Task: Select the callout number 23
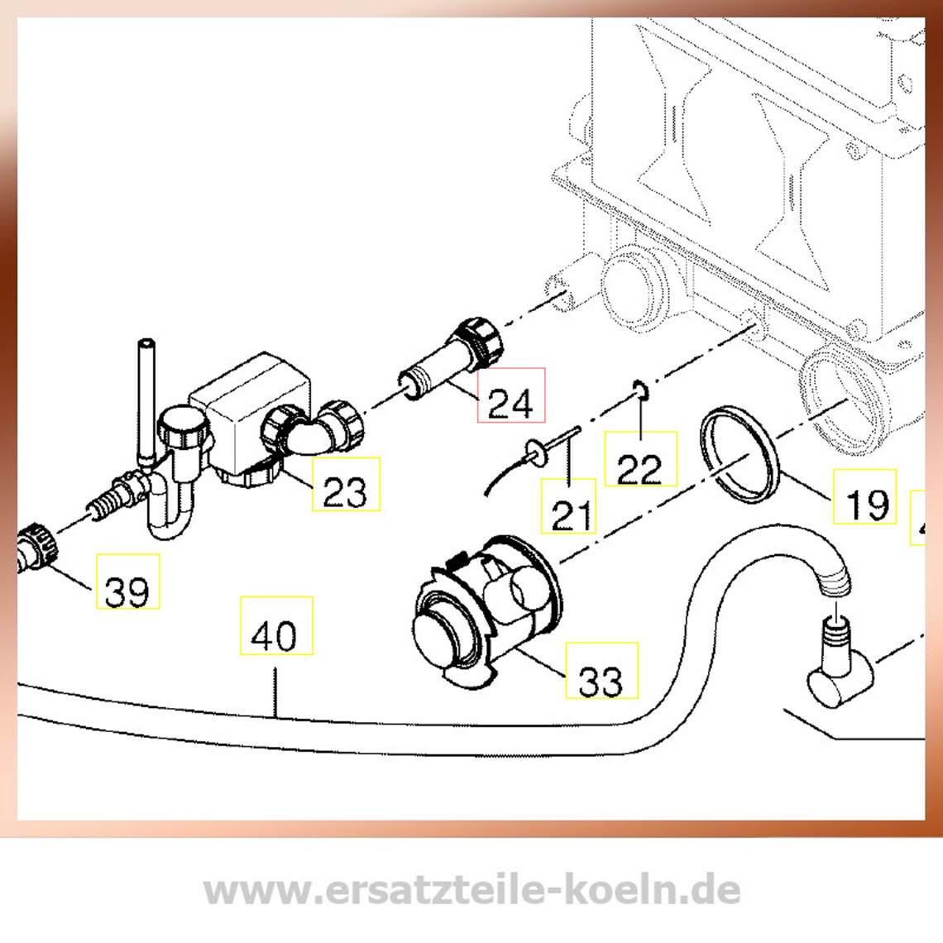click(x=345, y=491)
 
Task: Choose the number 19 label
click(x=867, y=504)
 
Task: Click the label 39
click(x=127, y=591)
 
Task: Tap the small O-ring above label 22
click(x=642, y=390)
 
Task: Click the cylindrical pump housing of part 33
click(x=487, y=608)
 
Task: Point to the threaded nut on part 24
click(x=481, y=340)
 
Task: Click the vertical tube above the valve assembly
click(x=147, y=402)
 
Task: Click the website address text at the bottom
click(x=471, y=889)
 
